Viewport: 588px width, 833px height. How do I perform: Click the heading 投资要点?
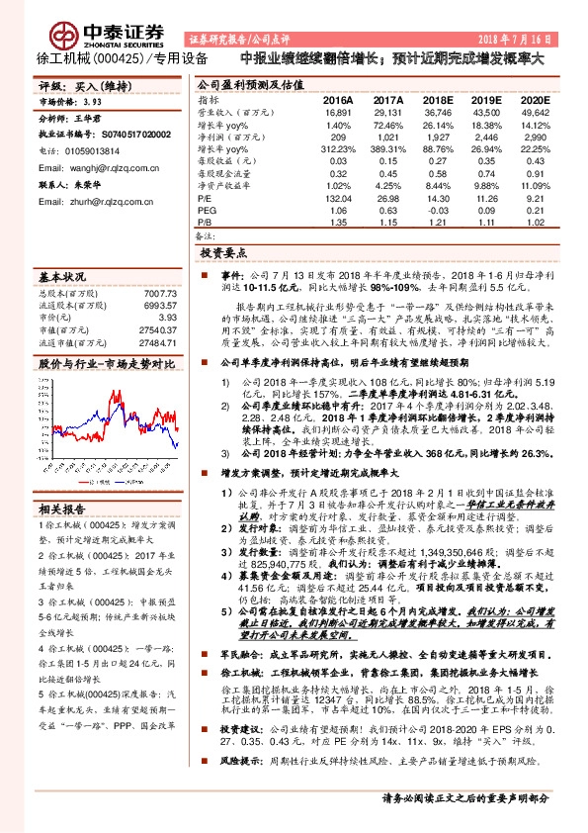(223, 253)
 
